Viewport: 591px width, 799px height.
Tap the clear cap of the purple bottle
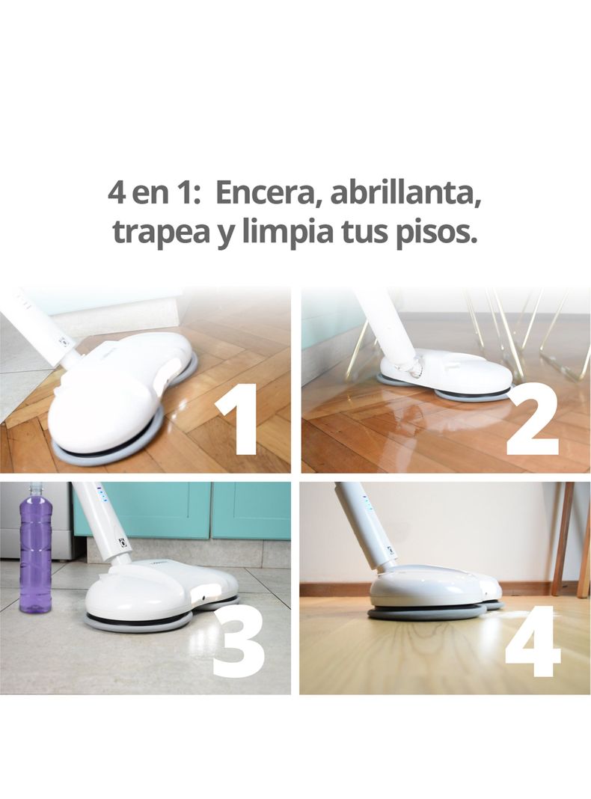[x=34, y=490]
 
